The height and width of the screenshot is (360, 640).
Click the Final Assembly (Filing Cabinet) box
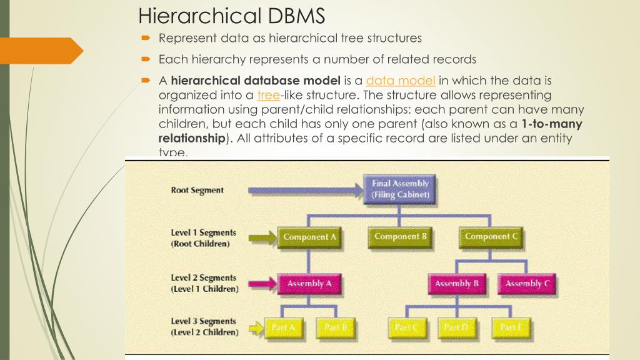401,189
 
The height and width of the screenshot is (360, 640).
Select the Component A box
306,237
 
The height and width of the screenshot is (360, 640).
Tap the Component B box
401,237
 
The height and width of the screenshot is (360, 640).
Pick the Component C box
492,237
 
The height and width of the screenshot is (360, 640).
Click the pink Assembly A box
306,284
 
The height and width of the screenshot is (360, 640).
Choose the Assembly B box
457,284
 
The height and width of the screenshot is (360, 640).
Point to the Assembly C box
527,284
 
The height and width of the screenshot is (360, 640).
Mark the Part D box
457,327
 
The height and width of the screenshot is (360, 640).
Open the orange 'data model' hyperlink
401,81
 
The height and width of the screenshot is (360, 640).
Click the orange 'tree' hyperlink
267,95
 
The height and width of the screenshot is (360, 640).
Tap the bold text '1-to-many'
551,124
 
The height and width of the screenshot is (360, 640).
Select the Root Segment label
197,191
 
